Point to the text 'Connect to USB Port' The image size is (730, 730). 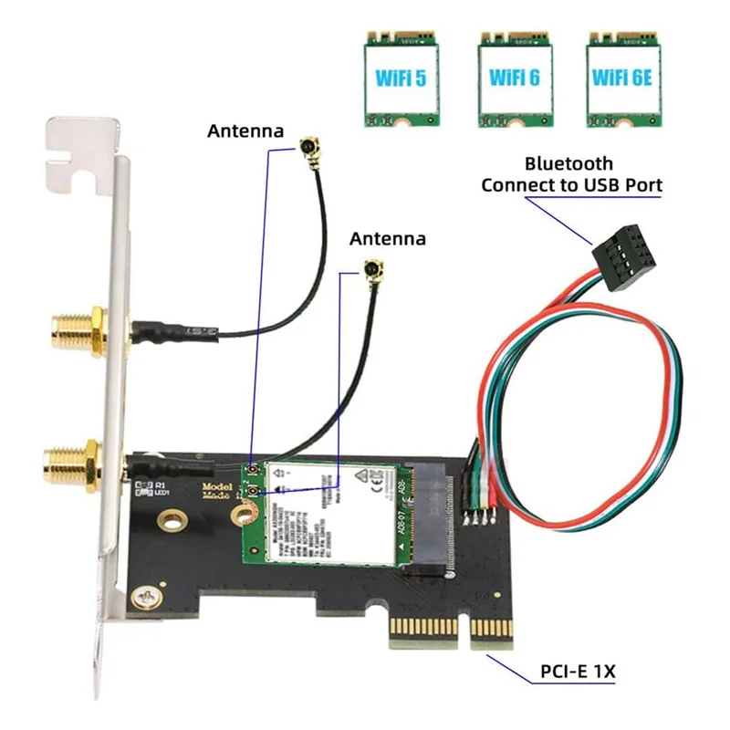point(571,185)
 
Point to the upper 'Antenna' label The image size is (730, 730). point(245,130)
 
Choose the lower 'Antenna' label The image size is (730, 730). point(388,238)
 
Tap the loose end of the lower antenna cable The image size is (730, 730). point(372,270)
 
